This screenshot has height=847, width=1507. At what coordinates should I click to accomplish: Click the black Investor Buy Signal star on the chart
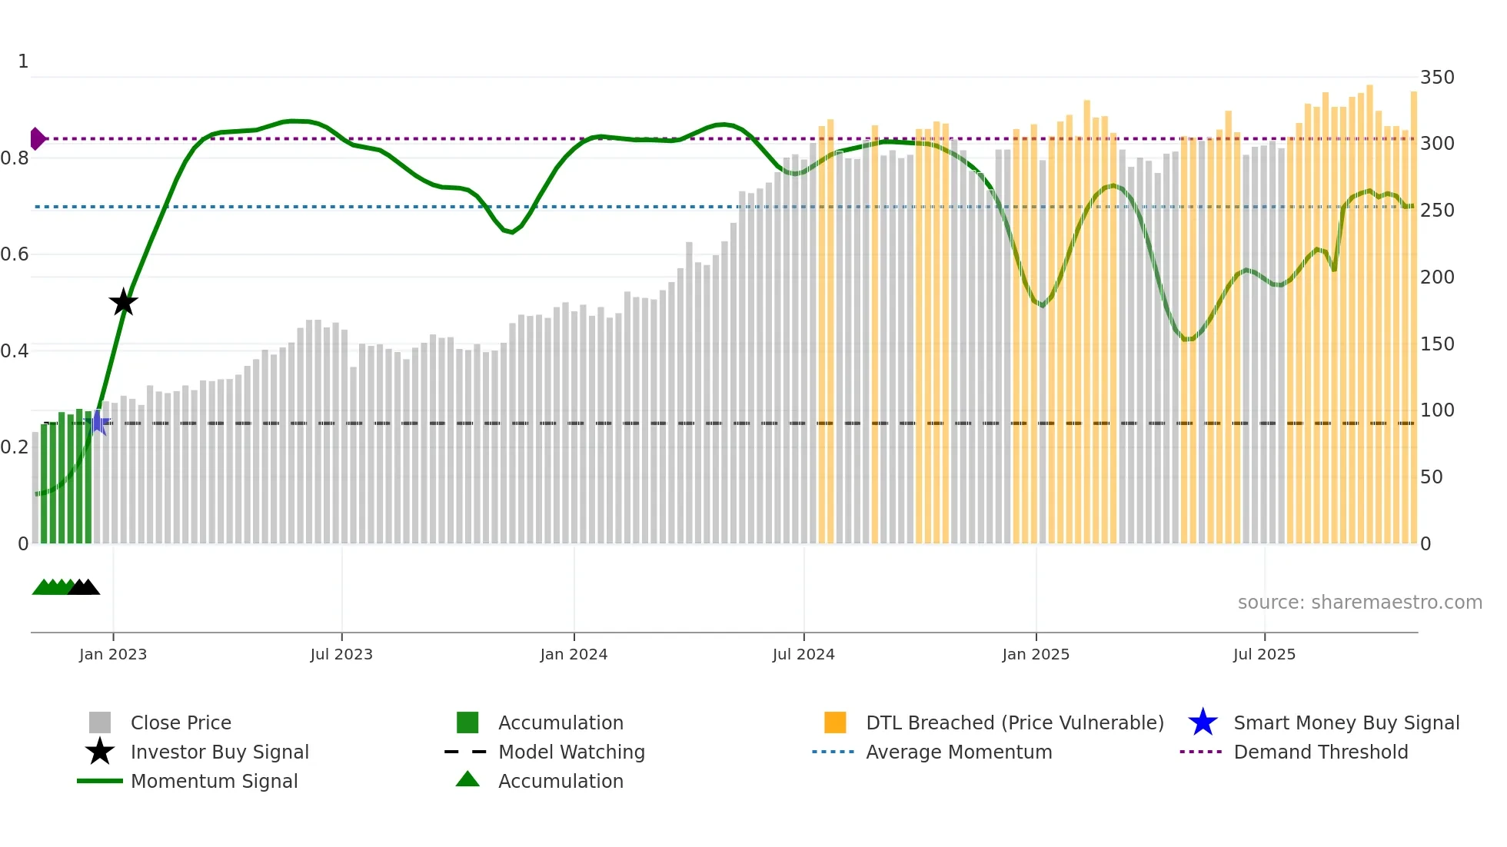[x=123, y=302]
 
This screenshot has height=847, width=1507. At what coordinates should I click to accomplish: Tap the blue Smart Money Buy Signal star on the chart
[x=98, y=423]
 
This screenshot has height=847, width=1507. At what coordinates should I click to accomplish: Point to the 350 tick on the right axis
[x=1436, y=78]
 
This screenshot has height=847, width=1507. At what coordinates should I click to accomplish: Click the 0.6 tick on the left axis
[x=15, y=254]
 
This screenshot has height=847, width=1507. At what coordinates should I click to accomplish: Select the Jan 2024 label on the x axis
[x=574, y=655]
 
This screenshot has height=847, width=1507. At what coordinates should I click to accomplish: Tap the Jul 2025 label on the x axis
[x=1264, y=655]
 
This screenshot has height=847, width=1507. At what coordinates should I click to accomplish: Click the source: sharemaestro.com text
[x=1359, y=603]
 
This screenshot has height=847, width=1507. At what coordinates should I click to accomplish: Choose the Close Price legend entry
[x=181, y=723]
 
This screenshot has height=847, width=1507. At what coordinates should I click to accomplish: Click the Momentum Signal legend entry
[x=214, y=782]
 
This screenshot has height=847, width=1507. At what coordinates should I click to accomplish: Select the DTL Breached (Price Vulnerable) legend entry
[x=1014, y=723]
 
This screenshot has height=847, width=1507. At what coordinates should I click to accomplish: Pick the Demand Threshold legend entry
[x=1320, y=752]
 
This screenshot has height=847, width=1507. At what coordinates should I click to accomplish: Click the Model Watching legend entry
[x=571, y=752]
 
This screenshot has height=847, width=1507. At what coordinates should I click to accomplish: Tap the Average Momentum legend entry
[x=958, y=752]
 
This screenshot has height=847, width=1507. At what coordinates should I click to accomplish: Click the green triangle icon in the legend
[x=467, y=780]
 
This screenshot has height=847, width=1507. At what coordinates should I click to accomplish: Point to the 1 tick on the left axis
[x=23, y=61]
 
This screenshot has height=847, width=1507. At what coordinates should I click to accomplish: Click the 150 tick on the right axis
[x=1436, y=344]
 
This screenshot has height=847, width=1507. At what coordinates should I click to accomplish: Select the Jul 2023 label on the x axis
[x=341, y=655]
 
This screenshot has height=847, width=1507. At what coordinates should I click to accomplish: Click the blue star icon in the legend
[x=1203, y=722]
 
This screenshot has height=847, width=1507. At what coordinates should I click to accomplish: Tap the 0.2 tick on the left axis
[x=15, y=447]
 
